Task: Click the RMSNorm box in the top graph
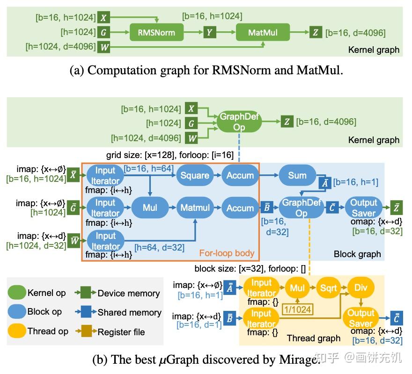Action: (x=156, y=32)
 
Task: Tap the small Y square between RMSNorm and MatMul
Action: (x=209, y=32)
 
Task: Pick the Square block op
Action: (x=195, y=175)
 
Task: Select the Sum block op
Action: (x=297, y=175)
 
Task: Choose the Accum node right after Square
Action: (x=240, y=175)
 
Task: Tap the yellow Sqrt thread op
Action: (x=328, y=288)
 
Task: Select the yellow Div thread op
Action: (x=360, y=288)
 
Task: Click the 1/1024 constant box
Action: (x=296, y=309)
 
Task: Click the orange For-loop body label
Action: (x=227, y=253)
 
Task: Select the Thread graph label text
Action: (x=314, y=338)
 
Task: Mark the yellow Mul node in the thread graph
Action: (x=297, y=288)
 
